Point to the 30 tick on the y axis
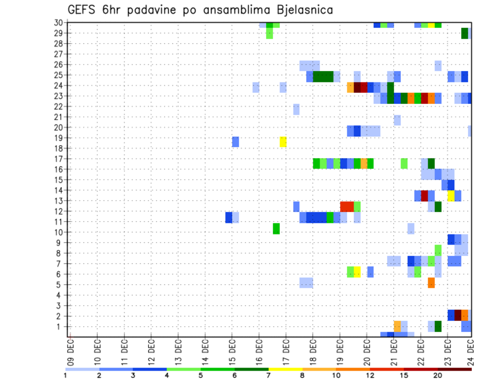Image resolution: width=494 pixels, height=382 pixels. (59, 23)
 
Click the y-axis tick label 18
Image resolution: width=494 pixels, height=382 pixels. (59, 148)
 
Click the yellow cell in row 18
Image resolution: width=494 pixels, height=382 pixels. (283, 142)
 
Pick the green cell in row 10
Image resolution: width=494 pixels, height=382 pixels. (276, 229)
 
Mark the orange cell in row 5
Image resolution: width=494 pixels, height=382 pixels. (431, 283)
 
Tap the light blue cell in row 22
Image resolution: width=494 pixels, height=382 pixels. (296, 109)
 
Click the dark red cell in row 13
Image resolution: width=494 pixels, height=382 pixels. (425, 196)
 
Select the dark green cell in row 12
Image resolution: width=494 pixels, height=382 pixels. (438, 206)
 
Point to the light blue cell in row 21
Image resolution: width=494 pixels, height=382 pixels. (397, 120)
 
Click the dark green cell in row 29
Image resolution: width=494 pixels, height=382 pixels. (465, 33)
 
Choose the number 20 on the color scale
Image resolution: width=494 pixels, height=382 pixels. (437, 375)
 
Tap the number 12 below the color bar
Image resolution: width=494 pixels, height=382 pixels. (370, 375)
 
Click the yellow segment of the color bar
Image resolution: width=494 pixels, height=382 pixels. (285, 369)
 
